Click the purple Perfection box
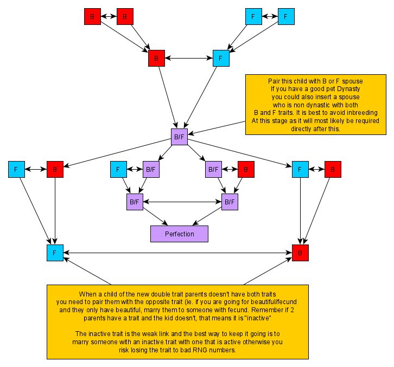pos(180,234)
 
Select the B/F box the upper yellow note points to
pos(180,137)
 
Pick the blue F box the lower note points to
pos(55,253)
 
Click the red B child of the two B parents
pos(156,58)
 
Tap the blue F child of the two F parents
pos(221,58)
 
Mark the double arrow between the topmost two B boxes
pos(109,17)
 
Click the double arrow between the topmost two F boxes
pos(269,17)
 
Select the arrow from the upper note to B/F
pos(217,128)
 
